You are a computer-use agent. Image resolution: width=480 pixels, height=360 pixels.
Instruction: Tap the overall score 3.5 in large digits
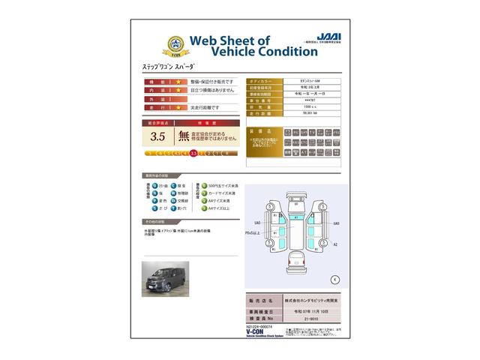(157, 136)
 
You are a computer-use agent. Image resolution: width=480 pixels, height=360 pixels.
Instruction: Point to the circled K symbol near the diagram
(334, 279)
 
